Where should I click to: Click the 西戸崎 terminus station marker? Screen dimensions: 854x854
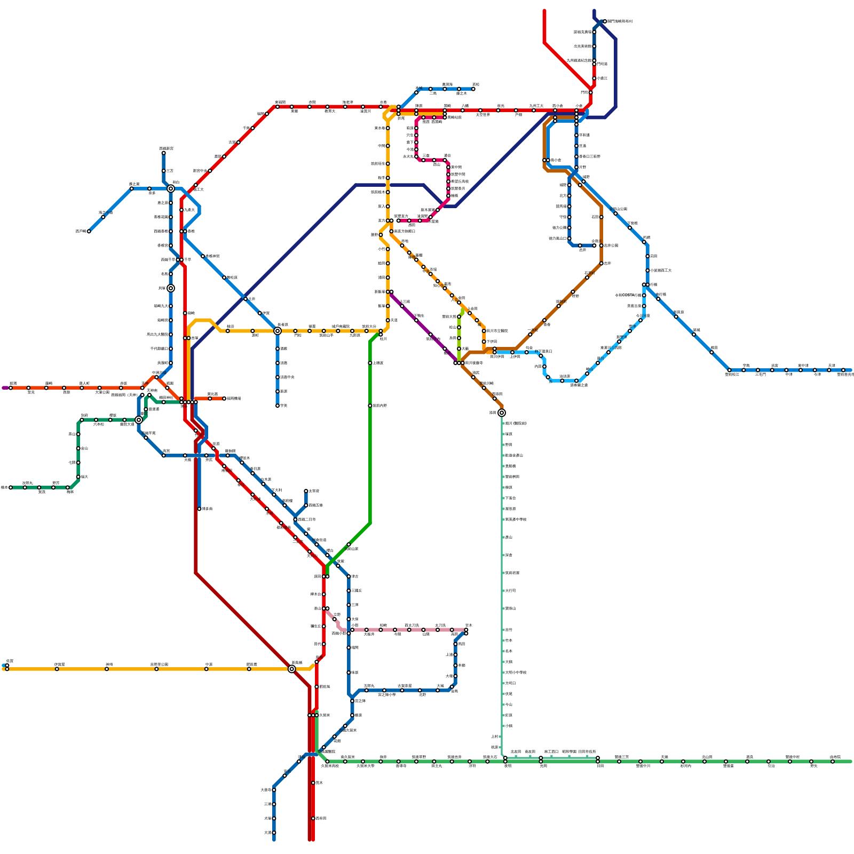89,231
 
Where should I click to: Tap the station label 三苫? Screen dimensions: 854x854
169,171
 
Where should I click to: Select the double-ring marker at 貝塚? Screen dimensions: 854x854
171,288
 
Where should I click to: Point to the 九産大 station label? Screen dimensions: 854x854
189,210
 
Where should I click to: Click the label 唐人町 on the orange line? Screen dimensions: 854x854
84,383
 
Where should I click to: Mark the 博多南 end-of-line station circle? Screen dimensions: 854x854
199,509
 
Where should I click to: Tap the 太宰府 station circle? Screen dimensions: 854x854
306,491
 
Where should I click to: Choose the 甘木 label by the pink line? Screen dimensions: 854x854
469,625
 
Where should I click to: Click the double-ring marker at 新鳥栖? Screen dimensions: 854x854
292,669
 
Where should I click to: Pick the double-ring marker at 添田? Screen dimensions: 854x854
502,413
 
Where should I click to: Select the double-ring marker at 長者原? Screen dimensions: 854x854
278,331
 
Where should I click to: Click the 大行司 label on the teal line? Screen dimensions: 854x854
510,591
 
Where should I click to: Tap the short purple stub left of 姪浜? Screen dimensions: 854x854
5,388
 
